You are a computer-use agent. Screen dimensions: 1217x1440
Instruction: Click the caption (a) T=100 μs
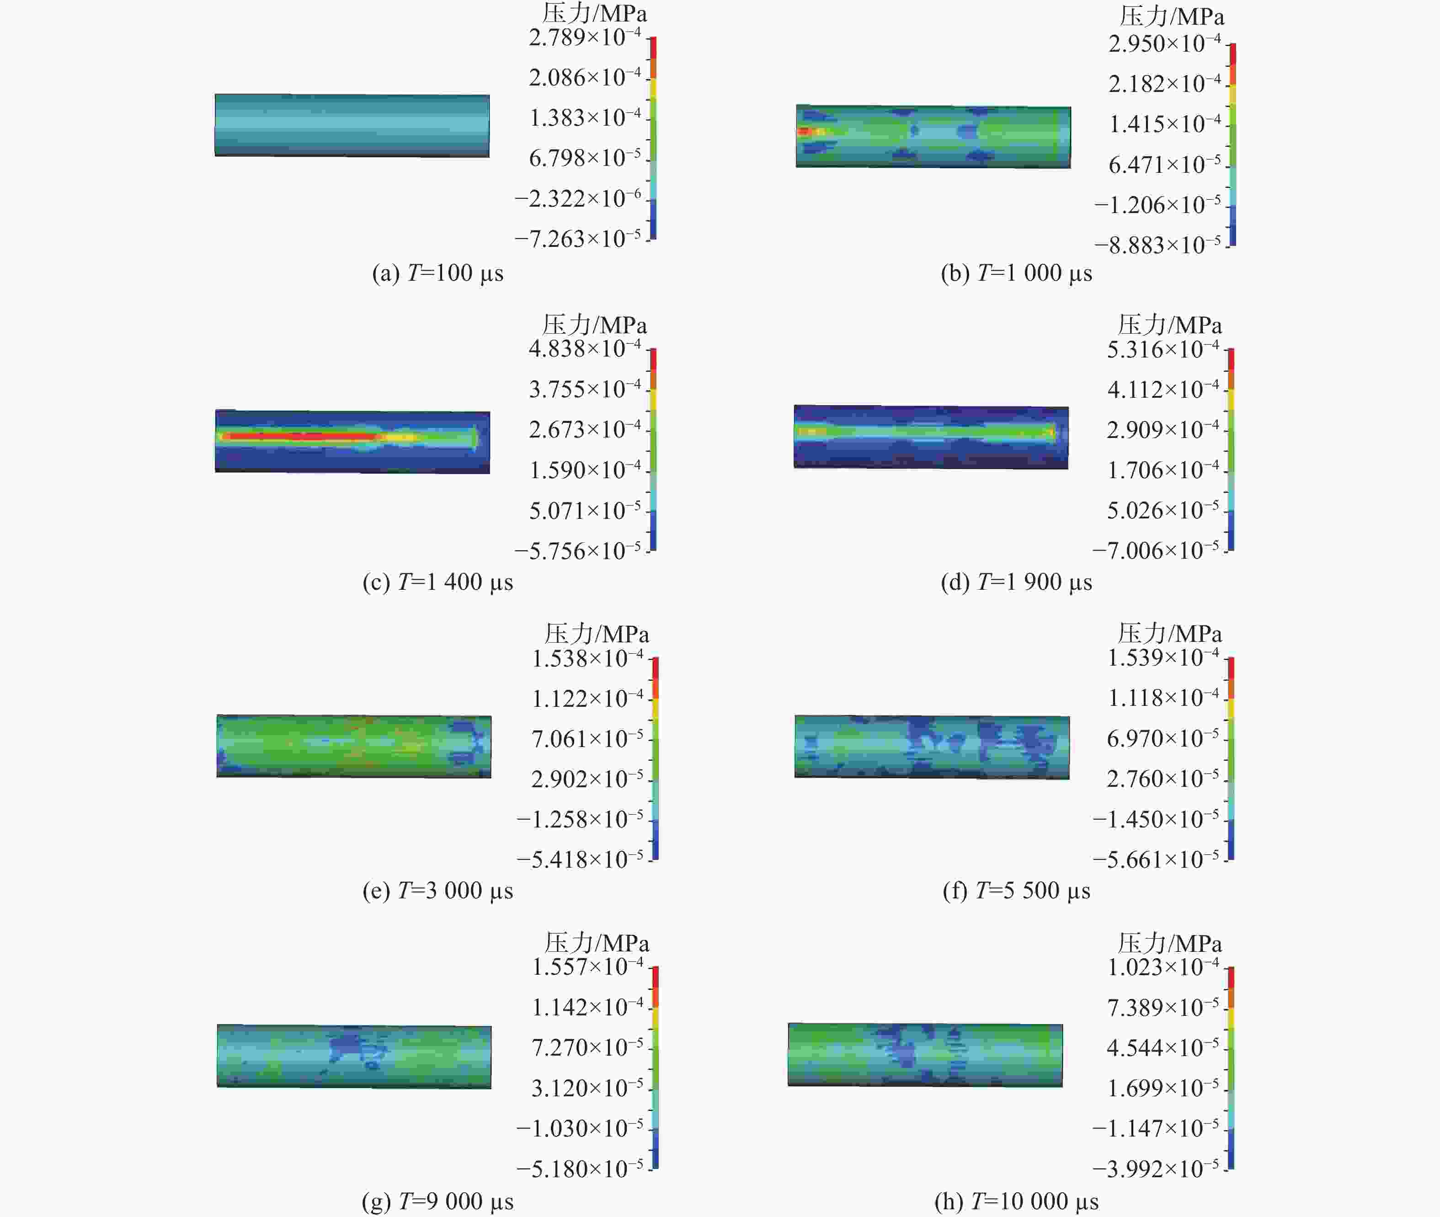pyautogui.click(x=437, y=273)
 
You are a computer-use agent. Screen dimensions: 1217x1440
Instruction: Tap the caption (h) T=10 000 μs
pyautogui.click(x=1016, y=1201)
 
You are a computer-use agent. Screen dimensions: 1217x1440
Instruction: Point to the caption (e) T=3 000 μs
pyautogui.click(x=437, y=891)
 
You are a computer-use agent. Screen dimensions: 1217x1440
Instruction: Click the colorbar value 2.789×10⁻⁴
pyautogui.click(x=584, y=37)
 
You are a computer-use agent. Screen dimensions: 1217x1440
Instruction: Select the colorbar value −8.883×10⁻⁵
pyautogui.click(x=1157, y=245)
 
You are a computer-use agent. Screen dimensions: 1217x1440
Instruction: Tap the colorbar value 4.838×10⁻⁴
pyautogui.click(x=584, y=348)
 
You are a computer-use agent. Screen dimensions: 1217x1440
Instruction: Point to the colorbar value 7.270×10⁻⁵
pyautogui.click(x=587, y=1047)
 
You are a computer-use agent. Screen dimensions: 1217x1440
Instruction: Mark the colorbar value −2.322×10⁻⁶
pyautogui.click(x=577, y=199)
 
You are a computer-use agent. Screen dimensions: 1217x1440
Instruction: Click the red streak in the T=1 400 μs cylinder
pyautogui.click(x=297, y=436)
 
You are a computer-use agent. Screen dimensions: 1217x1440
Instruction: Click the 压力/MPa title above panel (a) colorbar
pyautogui.click(x=594, y=14)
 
